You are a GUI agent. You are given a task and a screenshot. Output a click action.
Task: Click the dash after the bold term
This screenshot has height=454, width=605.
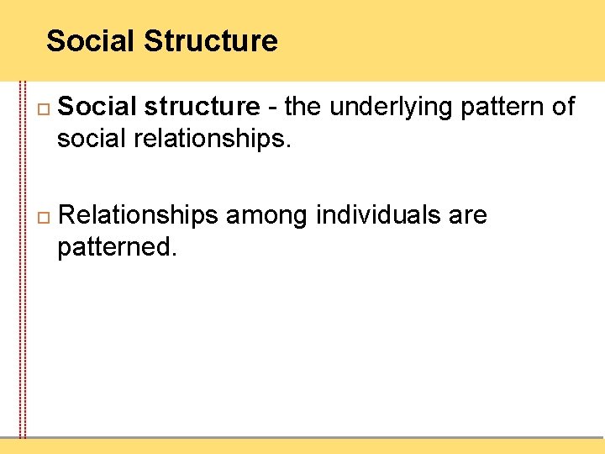(x=273, y=108)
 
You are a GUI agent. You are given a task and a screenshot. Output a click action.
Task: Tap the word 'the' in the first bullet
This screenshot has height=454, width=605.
(x=305, y=107)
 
